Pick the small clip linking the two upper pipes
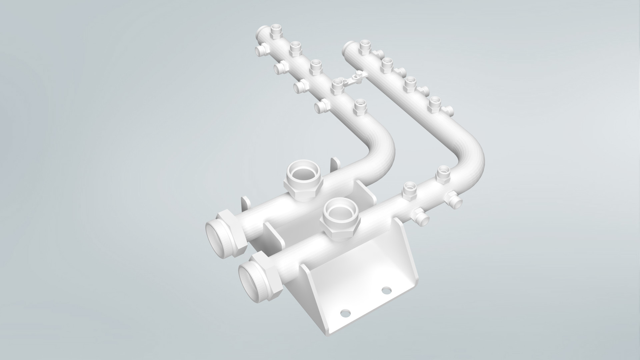coord(356,77)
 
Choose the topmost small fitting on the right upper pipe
coord(365,47)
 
